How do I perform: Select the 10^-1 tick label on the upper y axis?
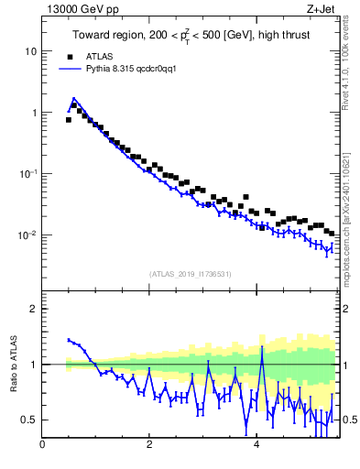pos(30,173)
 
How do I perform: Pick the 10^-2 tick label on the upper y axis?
pos(30,234)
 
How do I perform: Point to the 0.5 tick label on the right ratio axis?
pos(348,420)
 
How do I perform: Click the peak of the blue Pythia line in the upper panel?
pos(74,98)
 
